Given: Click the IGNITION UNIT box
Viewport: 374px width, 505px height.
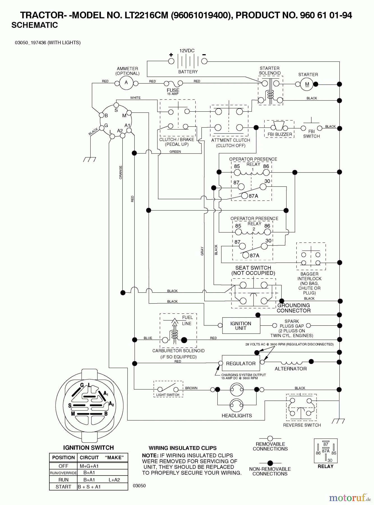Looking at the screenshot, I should [241, 326].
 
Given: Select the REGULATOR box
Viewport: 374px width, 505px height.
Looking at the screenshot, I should [240, 363].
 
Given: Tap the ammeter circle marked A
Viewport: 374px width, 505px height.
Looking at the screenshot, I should [126, 82].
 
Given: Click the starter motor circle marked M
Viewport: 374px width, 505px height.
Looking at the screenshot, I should [307, 84].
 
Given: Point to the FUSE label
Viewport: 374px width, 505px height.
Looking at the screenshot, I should [173, 90].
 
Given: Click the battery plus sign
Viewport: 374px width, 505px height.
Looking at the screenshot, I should [171, 55].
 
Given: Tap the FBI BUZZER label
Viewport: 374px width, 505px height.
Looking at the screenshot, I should [279, 134].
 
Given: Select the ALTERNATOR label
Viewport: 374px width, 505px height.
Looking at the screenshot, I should [290, 369].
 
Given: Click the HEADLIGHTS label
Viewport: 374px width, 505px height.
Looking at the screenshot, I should [237, 416].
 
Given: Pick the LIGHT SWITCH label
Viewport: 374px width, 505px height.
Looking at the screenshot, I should [168, 395].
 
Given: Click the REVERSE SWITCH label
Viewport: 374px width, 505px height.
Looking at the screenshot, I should [302, 425].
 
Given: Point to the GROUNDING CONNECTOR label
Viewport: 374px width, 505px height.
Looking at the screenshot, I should [293, 308].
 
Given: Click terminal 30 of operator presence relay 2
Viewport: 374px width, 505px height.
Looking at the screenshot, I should [264, 246].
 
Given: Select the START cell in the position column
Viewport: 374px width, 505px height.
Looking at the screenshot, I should [63, 487].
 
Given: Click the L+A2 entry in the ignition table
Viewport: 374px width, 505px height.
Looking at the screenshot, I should [114, 480].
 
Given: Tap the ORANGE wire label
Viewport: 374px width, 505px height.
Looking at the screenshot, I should [121, 172].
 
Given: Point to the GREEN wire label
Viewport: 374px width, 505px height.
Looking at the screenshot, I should [175, 151].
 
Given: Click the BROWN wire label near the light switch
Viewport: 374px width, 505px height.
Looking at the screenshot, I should [191, 388].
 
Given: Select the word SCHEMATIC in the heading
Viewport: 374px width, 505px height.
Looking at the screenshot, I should [35, 25].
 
